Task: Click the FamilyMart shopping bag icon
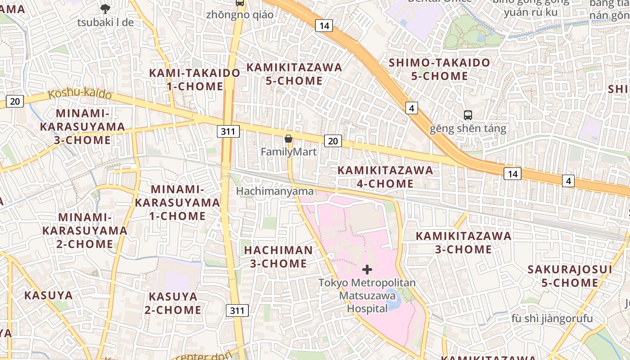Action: pyautogui.click(x=288, y=139)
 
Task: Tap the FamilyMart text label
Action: pyautogui.click(x=288, y=152)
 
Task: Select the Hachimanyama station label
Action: pyautogui.click(x=275, y=191)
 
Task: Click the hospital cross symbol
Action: pyautogui.click(x=367, y=270)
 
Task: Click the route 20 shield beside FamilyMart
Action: pyautogui.click(x=333, y=141)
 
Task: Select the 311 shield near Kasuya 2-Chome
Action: pyautogui.click(x=237, y=310)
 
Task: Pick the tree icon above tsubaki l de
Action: pyautogui.click(x=105, y=9)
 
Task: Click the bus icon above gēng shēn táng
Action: pyautogui.click(x=468, y=115)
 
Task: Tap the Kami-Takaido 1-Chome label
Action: pyautogui.click(x=195, y=79)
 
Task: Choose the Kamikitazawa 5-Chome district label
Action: pyautogui.click(x=294, y=74)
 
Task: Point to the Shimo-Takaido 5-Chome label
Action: pyautogui.click(x=439, y=69)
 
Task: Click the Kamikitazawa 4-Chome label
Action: pyautogui.click(x=385, y=177)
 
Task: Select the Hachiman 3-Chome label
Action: pyautogui.click(x=278, y=256)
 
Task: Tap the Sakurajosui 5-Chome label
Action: pyautogui.click(x=570, y=276)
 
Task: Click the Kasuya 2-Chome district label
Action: pyautogui.click(x=173, y=303)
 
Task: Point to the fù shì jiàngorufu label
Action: pyautogui.click(x=552, y=319)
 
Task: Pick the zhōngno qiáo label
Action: pyautogui.click(x=239, y=15)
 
